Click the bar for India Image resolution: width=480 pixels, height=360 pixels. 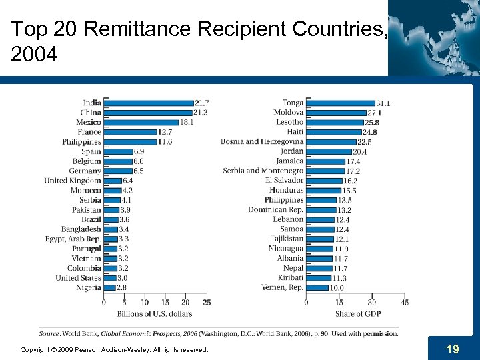[x=148, y=103]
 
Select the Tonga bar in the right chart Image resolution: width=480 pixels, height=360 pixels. [x=340, y=103]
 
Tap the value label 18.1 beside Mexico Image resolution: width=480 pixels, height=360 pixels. [x=187, y=123]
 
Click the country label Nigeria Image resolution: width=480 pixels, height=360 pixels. [x=88, y=288]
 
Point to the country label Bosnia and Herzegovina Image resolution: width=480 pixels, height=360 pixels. [x=262, y=141]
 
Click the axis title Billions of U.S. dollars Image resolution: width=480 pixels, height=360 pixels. [x=154, y=314]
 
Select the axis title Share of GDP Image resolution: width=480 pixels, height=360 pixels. [x=358, y=314]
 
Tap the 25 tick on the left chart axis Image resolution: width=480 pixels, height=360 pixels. [x=206, y=303]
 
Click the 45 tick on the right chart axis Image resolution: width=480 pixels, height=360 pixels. [x=404, y=303]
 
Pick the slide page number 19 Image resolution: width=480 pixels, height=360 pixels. [x=452, y=349]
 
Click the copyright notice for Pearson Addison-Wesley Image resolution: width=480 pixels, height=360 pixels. [x=114, y=349]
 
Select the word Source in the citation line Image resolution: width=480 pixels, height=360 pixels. [x=49, y=333]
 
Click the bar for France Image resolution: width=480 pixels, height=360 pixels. [x=130, y=132]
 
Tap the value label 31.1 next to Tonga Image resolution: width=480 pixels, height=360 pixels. [x=383, y=103]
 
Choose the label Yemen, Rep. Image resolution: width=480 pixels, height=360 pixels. [x=282, y=287]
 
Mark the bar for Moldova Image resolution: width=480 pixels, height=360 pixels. [x=336, y=113]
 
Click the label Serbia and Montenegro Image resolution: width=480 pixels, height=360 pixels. [x=263, y=171]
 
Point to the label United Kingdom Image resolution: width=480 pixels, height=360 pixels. [x=73, y=181]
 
